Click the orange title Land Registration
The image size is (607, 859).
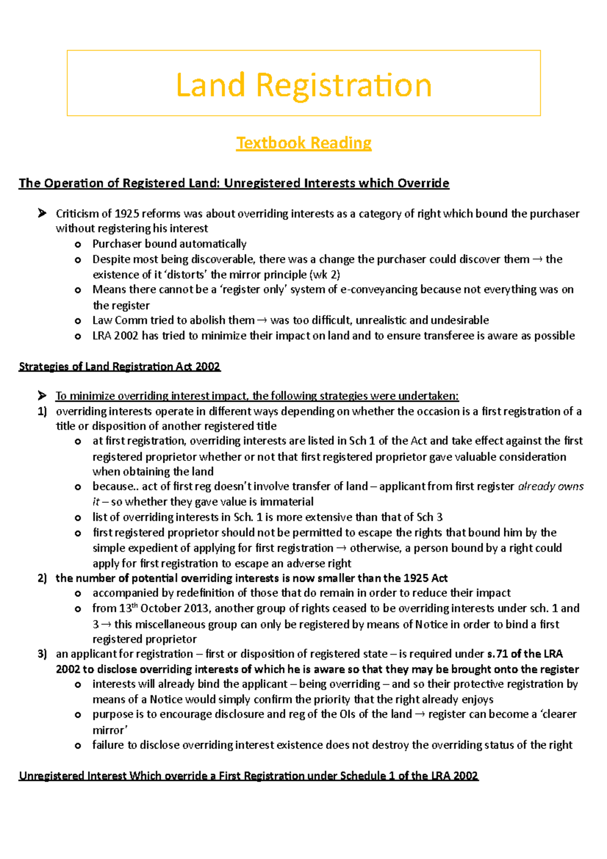[x=303, y=84]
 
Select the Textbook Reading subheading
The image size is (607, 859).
[x=303, y=143]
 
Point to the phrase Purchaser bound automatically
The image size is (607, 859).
[x=169, y=244]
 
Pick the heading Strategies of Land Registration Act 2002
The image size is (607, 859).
[x=119, y=366]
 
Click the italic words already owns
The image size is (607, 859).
[x=551, y=487]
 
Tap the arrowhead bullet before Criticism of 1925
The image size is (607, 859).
[x=42, y=213]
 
